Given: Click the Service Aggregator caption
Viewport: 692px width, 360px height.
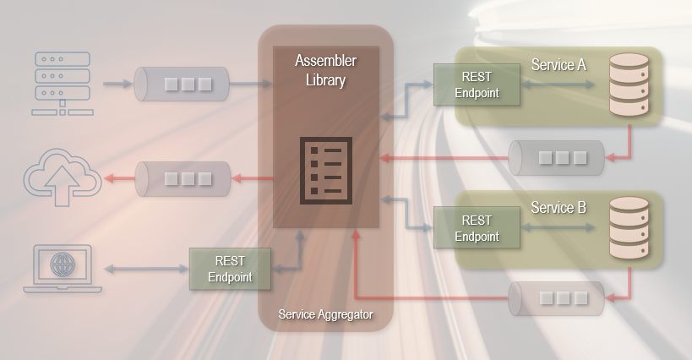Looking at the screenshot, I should [x=325, y=314].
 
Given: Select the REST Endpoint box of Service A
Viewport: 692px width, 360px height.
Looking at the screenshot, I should [x=477, y=85].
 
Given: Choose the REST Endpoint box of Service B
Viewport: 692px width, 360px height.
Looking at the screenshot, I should [x=477, y=227].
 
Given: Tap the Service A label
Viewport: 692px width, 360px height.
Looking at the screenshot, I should [x=559, y=64].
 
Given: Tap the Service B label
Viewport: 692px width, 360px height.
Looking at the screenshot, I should [x=559, y=207].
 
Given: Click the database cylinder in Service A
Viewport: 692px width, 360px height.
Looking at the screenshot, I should [x=629, y=85].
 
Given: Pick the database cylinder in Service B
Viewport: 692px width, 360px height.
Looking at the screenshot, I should [x=629, y=228].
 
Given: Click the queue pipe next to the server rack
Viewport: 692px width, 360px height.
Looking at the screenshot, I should [x=183, y=85].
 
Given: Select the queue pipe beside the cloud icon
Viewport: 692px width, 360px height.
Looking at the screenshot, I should [x=183, y=178].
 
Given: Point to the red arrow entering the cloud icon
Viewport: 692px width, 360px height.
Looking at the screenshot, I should [x=117, y=178].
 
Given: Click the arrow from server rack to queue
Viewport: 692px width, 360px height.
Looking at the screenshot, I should [x=117, y=85].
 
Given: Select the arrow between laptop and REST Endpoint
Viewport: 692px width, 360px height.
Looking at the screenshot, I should [x=145, y=269].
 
